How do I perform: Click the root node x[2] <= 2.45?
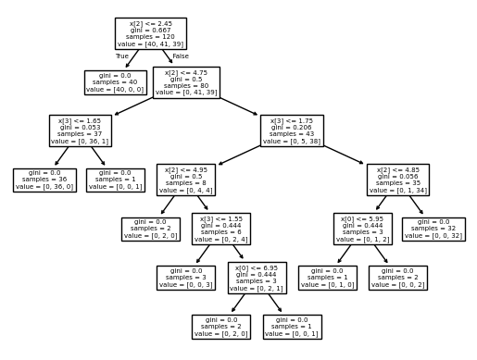point(150,33)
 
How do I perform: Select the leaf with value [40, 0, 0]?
point(115,82)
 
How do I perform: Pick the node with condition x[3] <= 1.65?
point(80,130)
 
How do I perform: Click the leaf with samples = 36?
point(44,180)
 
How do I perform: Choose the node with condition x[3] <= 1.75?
point(293,130)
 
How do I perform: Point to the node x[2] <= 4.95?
point(185,180)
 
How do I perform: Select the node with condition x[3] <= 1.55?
point(221,229)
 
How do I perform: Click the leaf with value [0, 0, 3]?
point(185,277)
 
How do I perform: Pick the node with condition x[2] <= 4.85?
point(398,180)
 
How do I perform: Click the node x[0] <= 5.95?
point(363,229)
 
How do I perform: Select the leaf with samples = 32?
point(434,229)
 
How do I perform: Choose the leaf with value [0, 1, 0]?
point(327,277)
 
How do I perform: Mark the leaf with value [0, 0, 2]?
point(398,277)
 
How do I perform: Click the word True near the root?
point(122,56)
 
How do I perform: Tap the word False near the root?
point(180,56)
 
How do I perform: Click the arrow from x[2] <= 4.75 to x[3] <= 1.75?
point(239,106)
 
